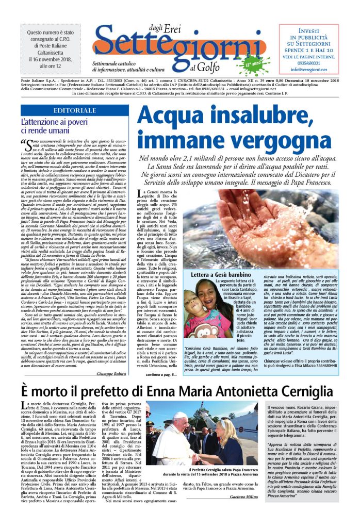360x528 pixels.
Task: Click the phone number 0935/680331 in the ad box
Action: [x=309, y=63]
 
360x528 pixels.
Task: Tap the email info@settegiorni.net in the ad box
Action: [x=309, y=69]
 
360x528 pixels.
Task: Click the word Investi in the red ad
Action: [x=309, y=31]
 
